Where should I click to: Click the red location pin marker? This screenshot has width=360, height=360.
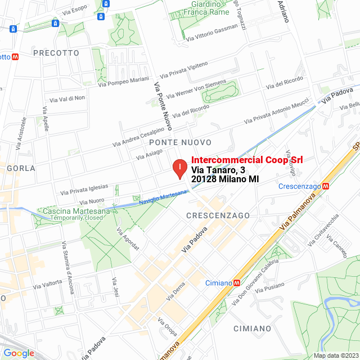(179, 168)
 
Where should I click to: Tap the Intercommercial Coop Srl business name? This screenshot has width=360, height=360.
(247, 160)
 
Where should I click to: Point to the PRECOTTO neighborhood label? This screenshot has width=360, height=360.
(56, 53)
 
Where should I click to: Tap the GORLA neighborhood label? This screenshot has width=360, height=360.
(21, 168)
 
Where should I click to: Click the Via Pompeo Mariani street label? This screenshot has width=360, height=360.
(123, 82)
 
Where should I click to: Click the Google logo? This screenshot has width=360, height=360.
(19, 353)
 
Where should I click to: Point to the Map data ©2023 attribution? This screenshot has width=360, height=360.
(335, 355)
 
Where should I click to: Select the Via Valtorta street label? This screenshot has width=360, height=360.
(47, 283)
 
